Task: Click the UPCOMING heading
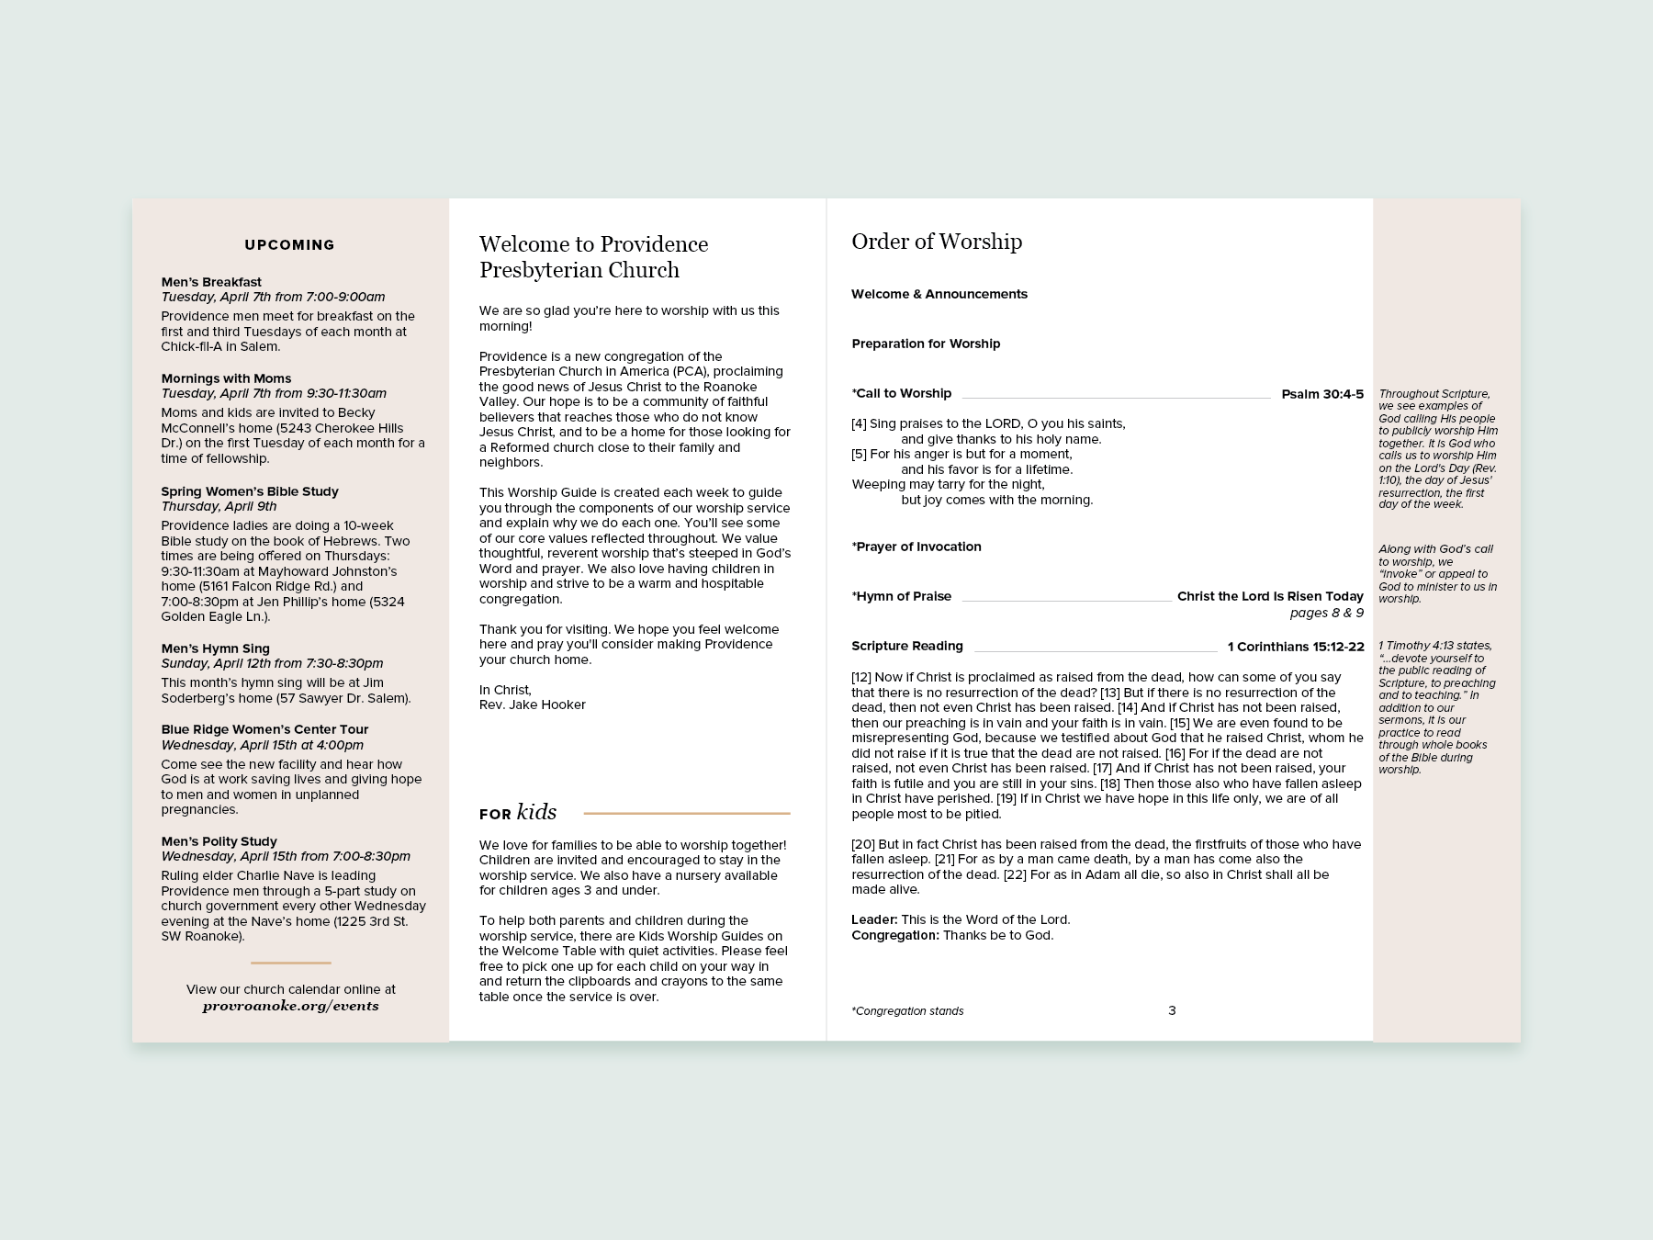pos(289,245)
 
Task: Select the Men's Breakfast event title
pos(211,282)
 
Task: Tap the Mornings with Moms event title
pos(226,378)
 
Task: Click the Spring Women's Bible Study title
pos(250,491)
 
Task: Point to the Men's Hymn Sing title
pos(215,648)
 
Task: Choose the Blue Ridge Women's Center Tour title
pos(264,729)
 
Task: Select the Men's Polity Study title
pos(219,841)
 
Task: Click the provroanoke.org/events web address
pos(290,1006)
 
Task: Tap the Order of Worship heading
pos(937,242)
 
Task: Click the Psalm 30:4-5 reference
pos(1322,394)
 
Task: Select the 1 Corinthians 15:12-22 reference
pos(1296,647)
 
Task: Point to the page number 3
pos(1172,1010)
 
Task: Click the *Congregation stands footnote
pos(907,1011)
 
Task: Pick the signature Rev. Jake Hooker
pos(532,705)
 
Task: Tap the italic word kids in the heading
pos(536,812)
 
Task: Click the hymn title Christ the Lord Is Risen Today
pos(1270,596)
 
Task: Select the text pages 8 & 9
pos(1326,613)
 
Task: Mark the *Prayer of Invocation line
pos(916,547)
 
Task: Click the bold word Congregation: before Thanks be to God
pos(895,935)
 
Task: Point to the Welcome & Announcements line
pos(939,294)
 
